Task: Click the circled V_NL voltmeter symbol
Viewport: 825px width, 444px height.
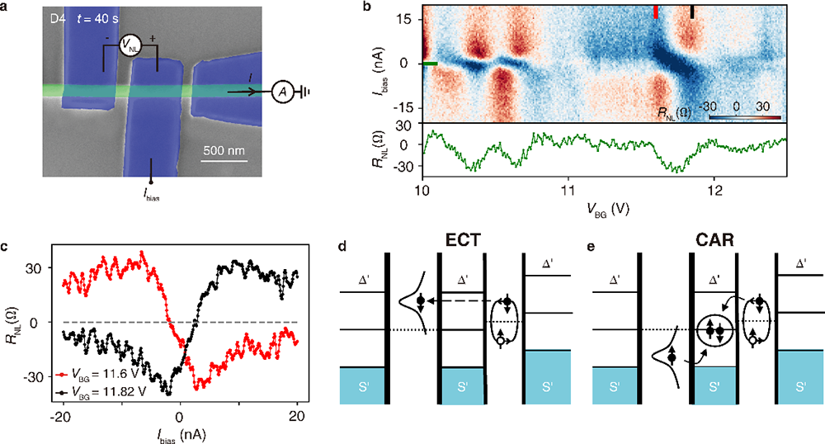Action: click(x=130, y=47)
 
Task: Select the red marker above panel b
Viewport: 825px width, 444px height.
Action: click(x=656, y=12)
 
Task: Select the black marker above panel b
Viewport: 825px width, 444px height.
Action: click(x=692, y=12)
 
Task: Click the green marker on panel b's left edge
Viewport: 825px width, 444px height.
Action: click(x=429, y=63)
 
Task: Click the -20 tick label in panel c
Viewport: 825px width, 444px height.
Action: click(x=60, y=414)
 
